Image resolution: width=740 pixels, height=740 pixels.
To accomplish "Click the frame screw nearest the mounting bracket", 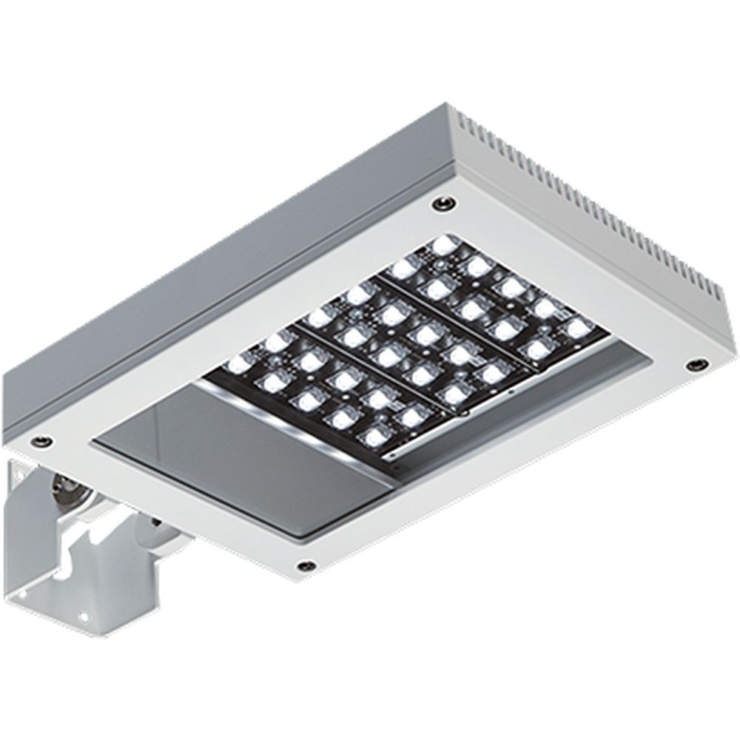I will coord(43,441).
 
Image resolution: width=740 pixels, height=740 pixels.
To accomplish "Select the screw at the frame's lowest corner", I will coord(304,566).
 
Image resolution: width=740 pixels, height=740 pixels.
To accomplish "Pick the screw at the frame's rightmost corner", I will coord(696,365).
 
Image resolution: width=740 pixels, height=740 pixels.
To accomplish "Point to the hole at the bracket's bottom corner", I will coord(83,616).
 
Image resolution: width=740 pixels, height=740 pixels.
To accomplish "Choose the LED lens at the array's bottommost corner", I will coord(374,437).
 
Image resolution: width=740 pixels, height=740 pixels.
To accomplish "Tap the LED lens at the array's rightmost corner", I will coord(577,326).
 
